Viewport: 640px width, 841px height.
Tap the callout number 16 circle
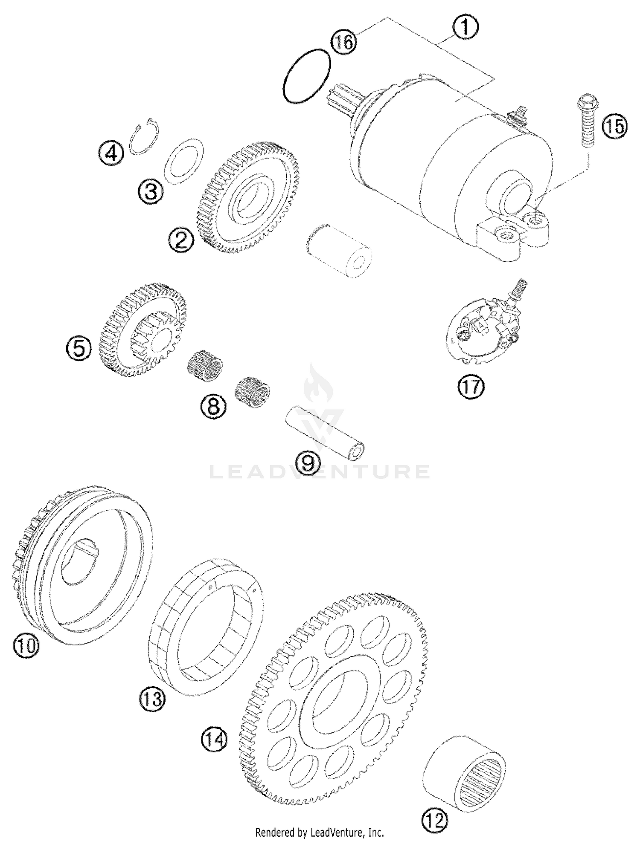pos(344,42)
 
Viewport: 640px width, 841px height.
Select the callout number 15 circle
pos(615,127)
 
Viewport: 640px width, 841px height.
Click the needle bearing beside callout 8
pos(253,392)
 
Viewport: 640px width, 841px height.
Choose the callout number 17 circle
pos(471,387)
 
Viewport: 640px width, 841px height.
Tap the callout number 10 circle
pos(26,645)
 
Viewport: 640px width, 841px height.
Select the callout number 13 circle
pos(152,699)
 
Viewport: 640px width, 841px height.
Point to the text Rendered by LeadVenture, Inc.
pos(320,832)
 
